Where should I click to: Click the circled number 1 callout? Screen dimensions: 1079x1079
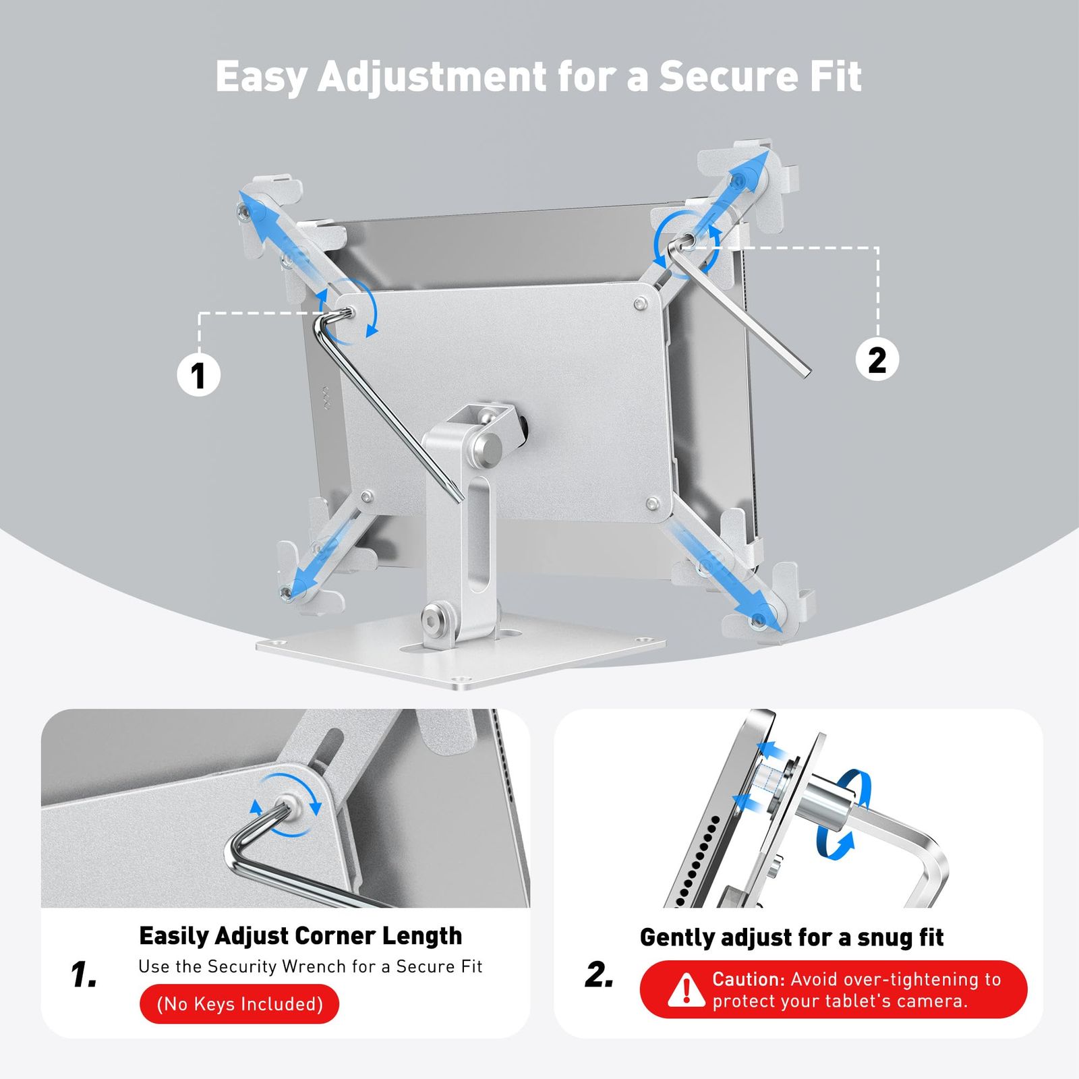click(198, 374)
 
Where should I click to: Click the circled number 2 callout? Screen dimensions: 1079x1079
click(877, 359)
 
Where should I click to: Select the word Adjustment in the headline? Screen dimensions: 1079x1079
click(432, 78)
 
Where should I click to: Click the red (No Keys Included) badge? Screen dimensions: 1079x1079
click(239, 1003)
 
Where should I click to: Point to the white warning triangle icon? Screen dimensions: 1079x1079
click(687, 990)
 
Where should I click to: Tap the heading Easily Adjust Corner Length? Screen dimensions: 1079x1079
click(301, 936)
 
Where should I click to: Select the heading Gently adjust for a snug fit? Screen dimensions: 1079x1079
click(792, 937)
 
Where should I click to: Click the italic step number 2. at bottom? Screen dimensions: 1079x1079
click(600, 974)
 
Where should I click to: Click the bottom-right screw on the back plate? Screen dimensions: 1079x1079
click(651, 503)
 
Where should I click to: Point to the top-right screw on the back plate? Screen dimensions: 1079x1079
click(639, 304)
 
